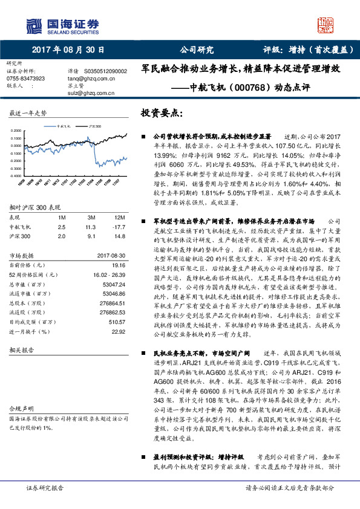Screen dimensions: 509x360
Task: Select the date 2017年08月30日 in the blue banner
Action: click(x=63, y=50)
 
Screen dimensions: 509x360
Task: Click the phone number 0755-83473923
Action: click(x=25, y=79)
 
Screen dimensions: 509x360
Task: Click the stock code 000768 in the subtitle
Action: click(x=233, y=88)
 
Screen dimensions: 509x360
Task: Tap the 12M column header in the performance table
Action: click(x=120, y=216)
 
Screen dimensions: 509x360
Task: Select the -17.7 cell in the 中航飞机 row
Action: click(x=119, y=226)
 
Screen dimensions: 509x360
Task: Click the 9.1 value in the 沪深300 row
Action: click(x=91, y=236)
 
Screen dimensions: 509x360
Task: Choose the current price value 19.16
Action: click(x=117, y=265)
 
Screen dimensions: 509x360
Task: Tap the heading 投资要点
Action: click(x=160, y=113)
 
